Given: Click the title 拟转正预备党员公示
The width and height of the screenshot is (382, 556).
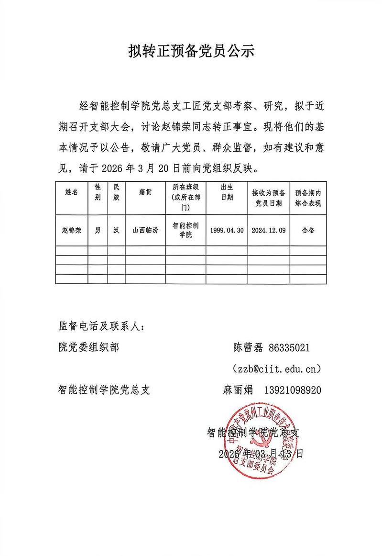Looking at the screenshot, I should coord(191,51).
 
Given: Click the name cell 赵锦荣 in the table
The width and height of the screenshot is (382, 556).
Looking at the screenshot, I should coord(71,230).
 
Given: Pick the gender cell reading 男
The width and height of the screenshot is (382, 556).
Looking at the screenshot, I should coord(98,230).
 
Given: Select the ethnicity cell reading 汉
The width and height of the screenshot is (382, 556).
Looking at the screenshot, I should coord(116,230).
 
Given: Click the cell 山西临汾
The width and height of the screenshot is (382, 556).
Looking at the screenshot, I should coord(145,230).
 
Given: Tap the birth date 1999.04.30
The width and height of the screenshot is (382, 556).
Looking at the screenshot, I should coord(227,230).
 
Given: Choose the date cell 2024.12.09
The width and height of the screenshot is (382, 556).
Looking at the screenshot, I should coord(269,230).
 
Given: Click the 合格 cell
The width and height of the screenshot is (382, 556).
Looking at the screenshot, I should coord(308,230).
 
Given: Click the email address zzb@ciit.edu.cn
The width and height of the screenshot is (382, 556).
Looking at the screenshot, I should coord(276,369).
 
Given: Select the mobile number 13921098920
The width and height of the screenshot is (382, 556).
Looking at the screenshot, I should coord(292,390).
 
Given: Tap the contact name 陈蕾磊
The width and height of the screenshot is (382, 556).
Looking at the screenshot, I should coord(248,348).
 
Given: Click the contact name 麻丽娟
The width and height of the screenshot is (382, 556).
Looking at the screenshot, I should coord(238,390).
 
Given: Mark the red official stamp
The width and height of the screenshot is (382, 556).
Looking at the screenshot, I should coord(260,442).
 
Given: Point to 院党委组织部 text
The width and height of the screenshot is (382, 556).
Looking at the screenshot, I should coord(88,348).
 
